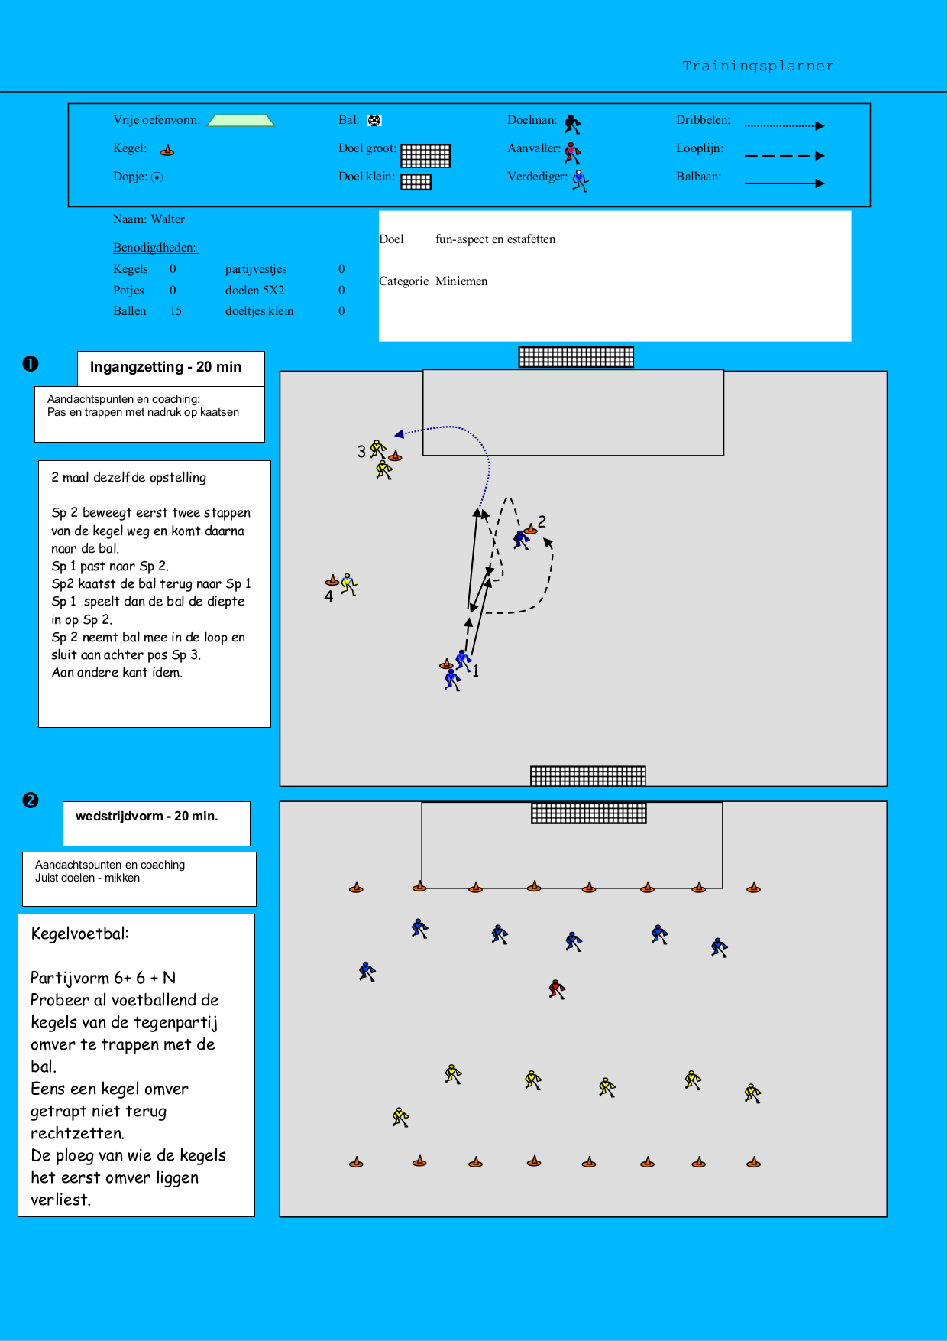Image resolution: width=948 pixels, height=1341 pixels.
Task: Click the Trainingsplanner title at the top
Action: [x=758, y=66]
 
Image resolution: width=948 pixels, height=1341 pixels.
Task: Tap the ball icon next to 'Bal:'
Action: [x=374, y=120]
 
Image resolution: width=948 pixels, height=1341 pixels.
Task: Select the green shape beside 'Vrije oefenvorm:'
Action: [x=241, y=120]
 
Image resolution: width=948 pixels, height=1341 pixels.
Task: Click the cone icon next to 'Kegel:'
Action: [x=167, y=150]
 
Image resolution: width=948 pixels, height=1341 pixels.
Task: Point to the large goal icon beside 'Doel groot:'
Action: [x=425, y=155]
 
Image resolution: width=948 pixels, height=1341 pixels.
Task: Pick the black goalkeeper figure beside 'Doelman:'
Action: [x=573, y=124]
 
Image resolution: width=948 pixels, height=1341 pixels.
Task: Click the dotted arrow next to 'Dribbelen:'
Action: [x=785, y=125]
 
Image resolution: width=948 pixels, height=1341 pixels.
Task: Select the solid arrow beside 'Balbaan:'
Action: [x=785, y=183]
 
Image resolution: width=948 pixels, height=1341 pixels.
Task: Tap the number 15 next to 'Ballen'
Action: [x=176, y=311]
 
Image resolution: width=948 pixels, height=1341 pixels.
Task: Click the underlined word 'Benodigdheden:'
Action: [x=155, y=248]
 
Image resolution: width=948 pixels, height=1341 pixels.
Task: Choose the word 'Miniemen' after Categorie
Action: [x=461, y=281]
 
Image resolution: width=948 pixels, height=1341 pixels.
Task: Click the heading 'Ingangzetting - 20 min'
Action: [x=166, y=367]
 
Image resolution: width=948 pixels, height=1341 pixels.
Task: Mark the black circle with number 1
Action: [x=31, y=364]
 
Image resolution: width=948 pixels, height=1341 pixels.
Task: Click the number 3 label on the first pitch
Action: [x=361, y=452]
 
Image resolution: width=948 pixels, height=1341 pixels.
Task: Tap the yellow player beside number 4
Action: [x=349, y=584]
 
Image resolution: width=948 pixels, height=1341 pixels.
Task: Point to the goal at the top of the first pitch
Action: [x=576, y=357]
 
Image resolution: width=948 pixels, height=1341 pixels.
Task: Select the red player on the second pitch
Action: [x=557, y=989]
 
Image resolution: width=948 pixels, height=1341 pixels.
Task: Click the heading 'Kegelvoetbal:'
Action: [x=80, y=934]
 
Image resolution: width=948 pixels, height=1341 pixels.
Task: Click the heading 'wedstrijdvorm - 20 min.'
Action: [x=147, y=817]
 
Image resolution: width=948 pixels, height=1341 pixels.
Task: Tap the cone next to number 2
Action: [x=531, y=529]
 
